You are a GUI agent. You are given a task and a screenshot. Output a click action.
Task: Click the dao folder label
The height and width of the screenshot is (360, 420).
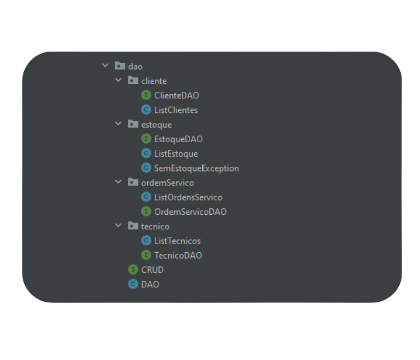[x=135, y=67]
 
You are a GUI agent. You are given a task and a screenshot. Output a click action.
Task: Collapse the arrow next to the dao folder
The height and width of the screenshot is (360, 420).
[x=105, y=65]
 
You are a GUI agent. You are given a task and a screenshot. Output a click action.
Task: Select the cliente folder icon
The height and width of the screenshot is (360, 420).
[x=133, y=80]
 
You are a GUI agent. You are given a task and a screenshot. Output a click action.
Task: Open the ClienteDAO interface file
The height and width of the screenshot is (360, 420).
[x=176, y=95]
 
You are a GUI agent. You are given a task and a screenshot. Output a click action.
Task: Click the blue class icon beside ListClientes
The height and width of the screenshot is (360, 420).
[x=146, y=110]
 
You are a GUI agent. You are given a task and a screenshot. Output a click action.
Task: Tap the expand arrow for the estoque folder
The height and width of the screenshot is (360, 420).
[x=118, y=124]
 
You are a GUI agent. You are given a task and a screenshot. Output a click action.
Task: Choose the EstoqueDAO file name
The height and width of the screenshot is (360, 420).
[x=178, y=139]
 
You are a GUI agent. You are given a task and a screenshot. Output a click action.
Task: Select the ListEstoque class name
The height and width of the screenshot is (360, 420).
[x=176, y=154]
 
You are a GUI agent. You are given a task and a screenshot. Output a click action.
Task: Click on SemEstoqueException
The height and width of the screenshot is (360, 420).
[x=197, y=168]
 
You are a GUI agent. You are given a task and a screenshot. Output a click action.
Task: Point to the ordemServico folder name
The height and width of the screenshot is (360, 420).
[x=167, y=182]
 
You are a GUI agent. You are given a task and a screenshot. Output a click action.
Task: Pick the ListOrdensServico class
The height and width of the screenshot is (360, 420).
[x=188, y=197]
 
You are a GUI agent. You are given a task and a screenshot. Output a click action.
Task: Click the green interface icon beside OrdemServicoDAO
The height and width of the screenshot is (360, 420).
[x=146, y=211]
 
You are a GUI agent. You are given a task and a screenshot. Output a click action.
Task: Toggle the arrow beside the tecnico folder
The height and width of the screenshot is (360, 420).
[x=118, y=225]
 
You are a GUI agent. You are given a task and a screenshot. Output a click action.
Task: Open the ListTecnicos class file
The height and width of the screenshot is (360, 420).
[x=178, y=241]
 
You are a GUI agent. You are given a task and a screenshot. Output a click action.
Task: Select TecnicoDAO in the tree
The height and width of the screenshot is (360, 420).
[x=178, y=255]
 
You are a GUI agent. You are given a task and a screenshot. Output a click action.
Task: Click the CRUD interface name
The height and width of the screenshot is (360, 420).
[x=152, y=270]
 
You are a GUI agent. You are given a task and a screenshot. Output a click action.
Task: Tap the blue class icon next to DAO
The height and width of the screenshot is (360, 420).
[x=133, y=284]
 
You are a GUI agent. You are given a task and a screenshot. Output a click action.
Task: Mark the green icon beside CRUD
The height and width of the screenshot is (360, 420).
[x=133, y=269]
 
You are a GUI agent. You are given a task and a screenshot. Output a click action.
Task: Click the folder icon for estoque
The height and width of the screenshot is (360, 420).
[x=133, y=124]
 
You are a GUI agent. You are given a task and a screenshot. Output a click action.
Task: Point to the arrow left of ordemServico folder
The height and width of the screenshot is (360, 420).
[x=118, y=182]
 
